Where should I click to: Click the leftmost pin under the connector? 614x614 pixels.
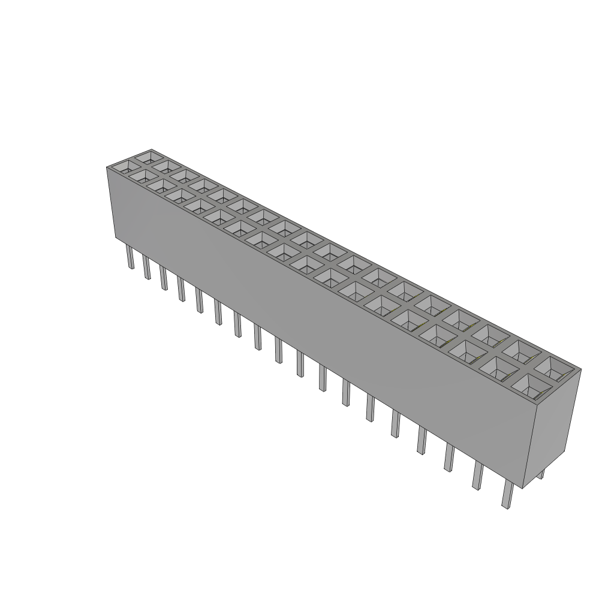[x=130, y=258]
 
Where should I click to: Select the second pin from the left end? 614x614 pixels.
[x=146, y=267]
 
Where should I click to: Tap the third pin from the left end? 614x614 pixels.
[x=163, y=278]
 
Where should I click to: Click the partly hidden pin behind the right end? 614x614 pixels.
[x=541, y=474]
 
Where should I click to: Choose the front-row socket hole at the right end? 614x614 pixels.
[x=528, y=386]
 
